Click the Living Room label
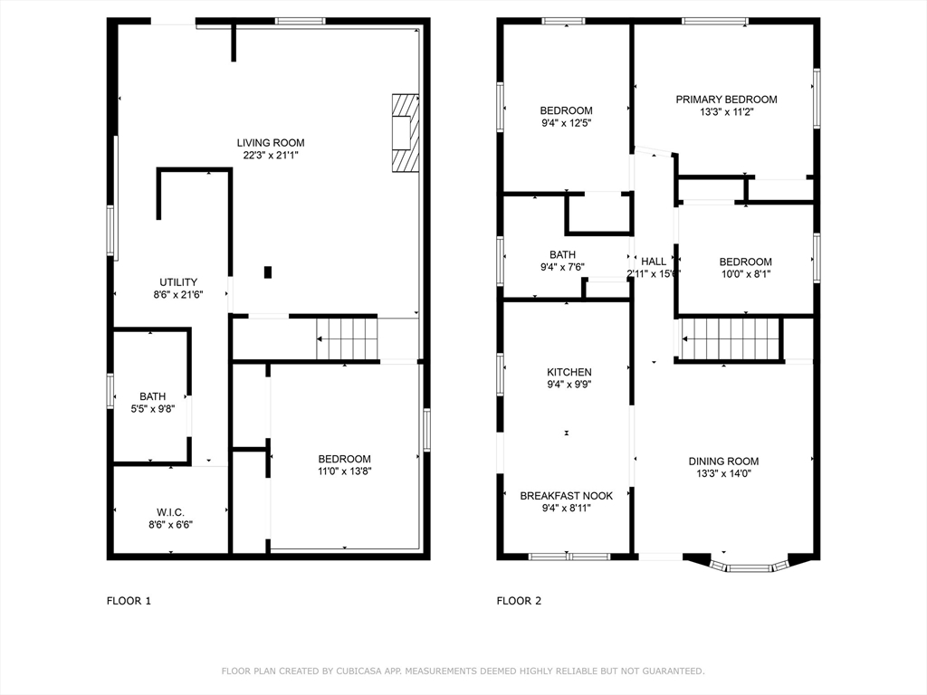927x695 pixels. pyautogui.click(x=271, y=142)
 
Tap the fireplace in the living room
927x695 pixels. pyautogui.click(x=406, y=133)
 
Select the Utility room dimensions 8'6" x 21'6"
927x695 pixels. pyautogui.click(x=178, y=294)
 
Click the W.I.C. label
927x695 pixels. pyautogui.click(x=170, y=512)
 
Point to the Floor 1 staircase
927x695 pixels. pyautogui.click(x=347, y=338)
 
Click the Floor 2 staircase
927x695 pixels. pyautogui.click(x=731, y=338)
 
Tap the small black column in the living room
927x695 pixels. pyautogui.click(x=268, y=272)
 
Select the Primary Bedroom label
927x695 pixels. pyautogui.click(x=727, y=100)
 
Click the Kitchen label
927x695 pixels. pyautogui.click(x=569, y=372)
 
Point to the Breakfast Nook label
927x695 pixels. pyautogui.click(x=567, y=496)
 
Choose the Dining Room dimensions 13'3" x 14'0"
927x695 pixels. pyautogui.click(x=723, y=473)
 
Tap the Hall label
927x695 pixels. pyautogui.click(x=654, y=262)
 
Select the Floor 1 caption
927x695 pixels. pyautogui.click(x=129, y=601)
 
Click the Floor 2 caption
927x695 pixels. pyautogui.click(x=519, y=601)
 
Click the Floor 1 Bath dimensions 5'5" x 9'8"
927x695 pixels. pyautogui.click(x=153, y=408)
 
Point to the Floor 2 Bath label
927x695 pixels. pyautogui.click(x=563, y=254)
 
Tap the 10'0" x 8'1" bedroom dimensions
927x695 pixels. pyautogui.click(x=746, y=273)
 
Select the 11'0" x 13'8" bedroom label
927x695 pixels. pyautogui.click(x=345, y=459)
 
